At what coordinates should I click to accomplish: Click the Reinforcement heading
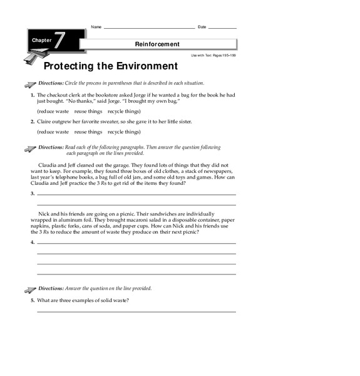pos(157,44)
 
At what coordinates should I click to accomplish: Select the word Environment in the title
pos(138,66)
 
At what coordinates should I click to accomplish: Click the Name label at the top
pos(96,27)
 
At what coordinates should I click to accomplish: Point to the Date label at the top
pos(202,27)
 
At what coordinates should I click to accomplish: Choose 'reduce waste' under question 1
pos(53,110)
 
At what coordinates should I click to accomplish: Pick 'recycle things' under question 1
pos(124,110)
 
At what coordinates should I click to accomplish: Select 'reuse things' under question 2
pos(88,132)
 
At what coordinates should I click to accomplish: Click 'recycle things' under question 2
pos(124,132)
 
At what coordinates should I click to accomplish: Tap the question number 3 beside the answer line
pos(33,194)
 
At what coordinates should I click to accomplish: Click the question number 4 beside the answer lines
pos(33,242)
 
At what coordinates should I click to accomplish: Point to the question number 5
pos(33,301)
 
